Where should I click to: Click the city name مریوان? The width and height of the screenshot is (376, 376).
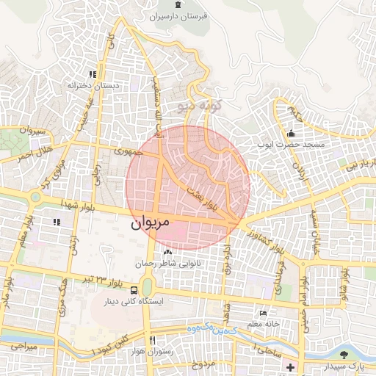pos(150,221)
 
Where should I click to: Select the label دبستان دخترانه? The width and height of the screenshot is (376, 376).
pos(93,86)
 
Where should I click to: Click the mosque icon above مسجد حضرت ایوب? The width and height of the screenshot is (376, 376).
pos(291,134)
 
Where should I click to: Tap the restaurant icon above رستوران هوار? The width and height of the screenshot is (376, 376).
pos(152,340)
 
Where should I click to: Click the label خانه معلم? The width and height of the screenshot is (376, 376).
pos(263,324)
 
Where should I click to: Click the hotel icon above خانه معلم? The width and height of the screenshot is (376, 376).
pos(263,313)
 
